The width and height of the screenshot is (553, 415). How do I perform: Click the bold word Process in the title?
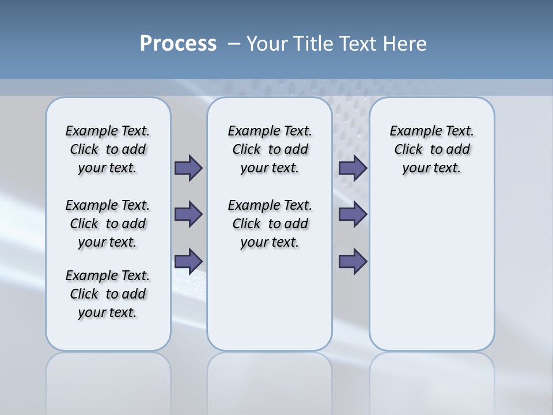178,44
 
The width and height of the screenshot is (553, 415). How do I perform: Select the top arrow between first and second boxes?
188,168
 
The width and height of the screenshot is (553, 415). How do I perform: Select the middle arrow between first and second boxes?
188,214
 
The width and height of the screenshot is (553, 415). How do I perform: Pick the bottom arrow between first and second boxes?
188,261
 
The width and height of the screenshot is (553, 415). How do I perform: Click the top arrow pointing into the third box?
353,168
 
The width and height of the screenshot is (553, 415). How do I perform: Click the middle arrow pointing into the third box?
353,214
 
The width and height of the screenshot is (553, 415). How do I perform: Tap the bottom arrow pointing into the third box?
353,261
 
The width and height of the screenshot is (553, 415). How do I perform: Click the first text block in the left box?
108,149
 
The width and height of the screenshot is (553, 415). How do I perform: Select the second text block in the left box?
108,224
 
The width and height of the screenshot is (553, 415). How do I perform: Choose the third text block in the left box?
108,294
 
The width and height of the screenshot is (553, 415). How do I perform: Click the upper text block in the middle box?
270,149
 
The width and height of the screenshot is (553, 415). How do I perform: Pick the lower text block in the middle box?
270,224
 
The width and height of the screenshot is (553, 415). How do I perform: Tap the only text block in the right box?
431,149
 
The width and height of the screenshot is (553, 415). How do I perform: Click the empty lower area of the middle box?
270,300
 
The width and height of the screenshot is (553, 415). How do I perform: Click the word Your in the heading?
267,44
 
